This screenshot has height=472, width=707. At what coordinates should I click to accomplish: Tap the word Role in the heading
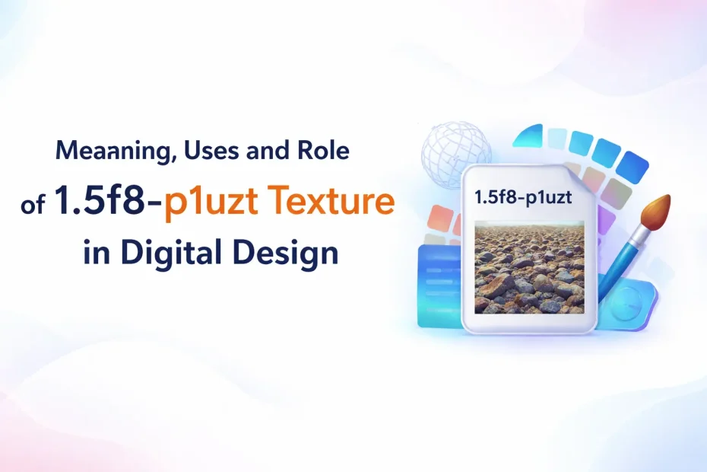[x=323, y=151]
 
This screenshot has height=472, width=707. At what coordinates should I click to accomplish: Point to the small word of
[x=33, y=205]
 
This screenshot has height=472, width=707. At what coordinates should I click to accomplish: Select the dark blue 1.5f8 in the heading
[x=99, y=199]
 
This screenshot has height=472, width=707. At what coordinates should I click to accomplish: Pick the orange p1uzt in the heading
[x=211, y=203]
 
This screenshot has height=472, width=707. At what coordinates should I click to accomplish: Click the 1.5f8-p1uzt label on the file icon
[x=523, y=197]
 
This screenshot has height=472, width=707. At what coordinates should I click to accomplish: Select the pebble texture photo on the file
[x=529, y=267]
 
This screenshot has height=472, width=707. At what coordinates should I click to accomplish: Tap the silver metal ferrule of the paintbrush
[x=638, y=234]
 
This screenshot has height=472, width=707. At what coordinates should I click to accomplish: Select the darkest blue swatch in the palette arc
[x=632, y=168]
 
